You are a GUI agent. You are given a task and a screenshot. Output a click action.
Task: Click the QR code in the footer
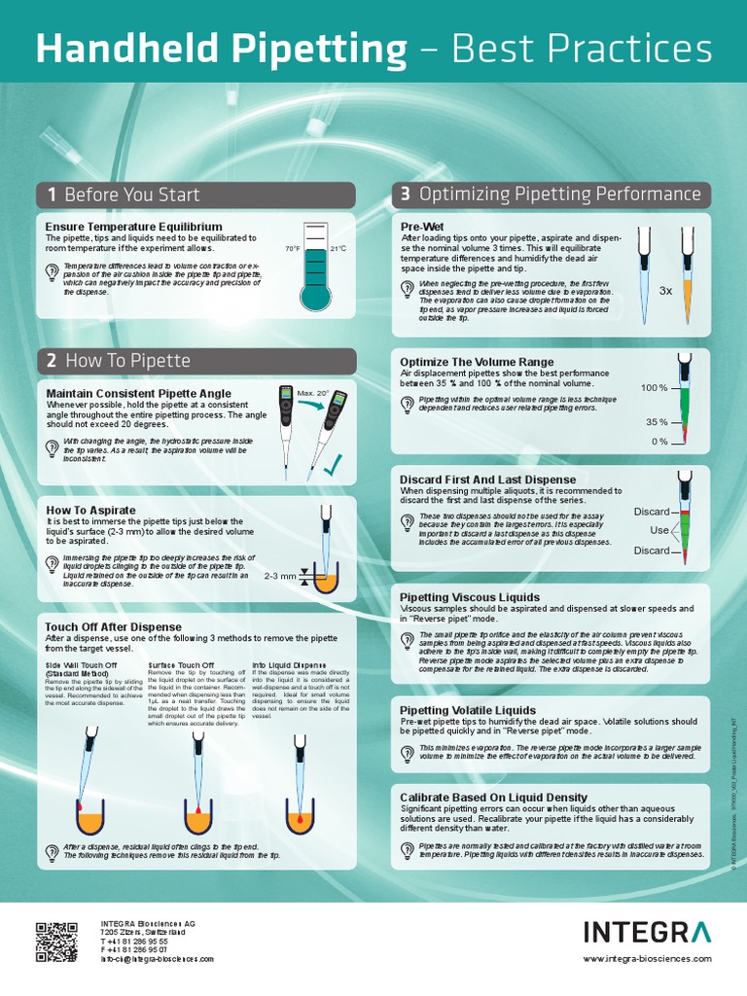tap(57, 942)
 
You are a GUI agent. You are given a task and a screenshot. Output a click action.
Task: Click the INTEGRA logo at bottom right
tap(647, 933)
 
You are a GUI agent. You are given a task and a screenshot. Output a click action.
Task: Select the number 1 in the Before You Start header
tap(51, 195)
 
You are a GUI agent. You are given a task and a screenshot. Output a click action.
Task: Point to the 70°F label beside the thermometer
tap(293, 249)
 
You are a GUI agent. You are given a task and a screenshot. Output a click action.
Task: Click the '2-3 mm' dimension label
tap(280, 576)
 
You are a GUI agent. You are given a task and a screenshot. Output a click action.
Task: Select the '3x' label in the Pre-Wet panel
tap(665, 291)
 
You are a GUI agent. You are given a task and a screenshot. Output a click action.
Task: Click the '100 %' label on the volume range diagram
tap(654, 388)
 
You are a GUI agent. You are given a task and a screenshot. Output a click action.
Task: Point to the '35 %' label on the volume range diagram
tap(657, 423)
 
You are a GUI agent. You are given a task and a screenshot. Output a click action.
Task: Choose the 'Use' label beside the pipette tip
tap(659, 530)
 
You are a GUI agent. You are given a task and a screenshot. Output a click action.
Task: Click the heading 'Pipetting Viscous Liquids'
tap(470, 597)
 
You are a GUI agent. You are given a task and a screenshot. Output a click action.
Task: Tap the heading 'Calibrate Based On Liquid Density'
tap(494, 798)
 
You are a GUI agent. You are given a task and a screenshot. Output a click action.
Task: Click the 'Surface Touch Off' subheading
tap(181, 665)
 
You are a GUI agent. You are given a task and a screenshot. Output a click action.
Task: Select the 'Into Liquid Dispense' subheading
tap(289, 665)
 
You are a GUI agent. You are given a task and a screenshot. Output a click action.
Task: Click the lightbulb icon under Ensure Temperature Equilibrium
tap(53, 273)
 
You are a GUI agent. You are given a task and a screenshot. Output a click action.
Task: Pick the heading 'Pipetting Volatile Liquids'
tap(468, 711)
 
